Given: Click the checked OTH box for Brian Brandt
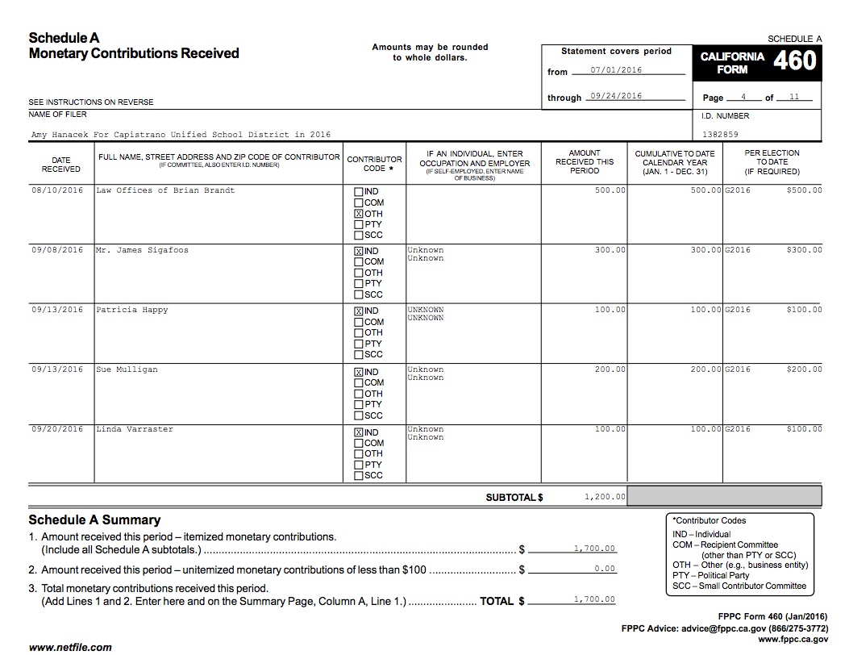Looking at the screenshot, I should pyautogui.click(x=359, y=214).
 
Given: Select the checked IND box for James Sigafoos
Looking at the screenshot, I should pyautogui.click(x=359, y=251).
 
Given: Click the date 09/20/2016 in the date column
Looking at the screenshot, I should pyautogui.click(x=57, y=429).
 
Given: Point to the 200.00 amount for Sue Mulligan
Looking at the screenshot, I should pyautogui.click(x=610, y=369).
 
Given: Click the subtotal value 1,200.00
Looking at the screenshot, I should pyautogui.click(x=604, y=497).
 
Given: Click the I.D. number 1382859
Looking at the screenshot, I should pyautogui.click(x=720, y=135).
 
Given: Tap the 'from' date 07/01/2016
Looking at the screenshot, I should pyautogui.click(x=616, y=70).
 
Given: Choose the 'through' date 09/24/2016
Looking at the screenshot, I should pyautogui.click(x=616, y=96).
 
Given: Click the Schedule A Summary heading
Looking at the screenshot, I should pyautogui.click(x=94, y=520).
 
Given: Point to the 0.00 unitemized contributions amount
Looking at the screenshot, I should pyautogui.click(x=604, y=569).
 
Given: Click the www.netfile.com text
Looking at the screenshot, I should pyautogui.click(x=70, y=647).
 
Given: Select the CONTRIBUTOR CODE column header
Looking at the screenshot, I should pyautogui.click(x=374, y=164).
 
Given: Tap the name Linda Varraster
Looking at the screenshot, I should pyautogui.click(x=135, y=429).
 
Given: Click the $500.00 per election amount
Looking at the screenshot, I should pyautogui.click(x=804, y=190).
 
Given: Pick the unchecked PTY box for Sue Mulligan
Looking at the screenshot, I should pyautogui.click(x=359, y=405).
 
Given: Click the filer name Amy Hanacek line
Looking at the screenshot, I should pyautogui.click(x=181, y=135).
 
